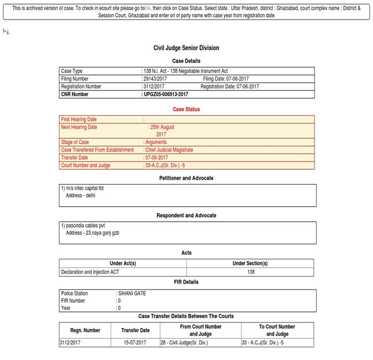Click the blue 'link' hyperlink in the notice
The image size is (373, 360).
[147, 8]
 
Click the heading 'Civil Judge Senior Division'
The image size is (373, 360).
[186, 48]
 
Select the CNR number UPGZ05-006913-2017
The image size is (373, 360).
[166, 94]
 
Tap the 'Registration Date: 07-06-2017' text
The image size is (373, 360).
[230, 87]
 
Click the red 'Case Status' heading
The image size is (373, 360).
[186, 109]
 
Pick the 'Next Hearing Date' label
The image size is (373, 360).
[79, 127]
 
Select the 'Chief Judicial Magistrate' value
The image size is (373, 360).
[171, 150]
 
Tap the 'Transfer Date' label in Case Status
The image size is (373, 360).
[74, 158]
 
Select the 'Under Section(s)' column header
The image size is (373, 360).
[250, 264]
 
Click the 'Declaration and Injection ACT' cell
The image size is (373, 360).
[90, 272]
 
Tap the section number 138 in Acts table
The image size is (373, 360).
[251, 272]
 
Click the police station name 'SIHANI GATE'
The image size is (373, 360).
[132, 293]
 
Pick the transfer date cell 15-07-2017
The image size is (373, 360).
[135, 342]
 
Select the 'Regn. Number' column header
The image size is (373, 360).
[86, 330]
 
